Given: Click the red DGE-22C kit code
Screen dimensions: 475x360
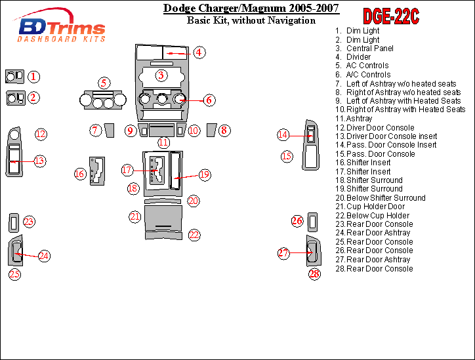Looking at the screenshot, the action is coord(391,16).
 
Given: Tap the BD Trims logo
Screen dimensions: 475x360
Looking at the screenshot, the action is coord(60,26).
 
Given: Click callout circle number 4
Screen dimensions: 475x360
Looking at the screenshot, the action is coord(199,52).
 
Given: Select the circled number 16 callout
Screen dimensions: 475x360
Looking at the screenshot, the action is coord(80,174).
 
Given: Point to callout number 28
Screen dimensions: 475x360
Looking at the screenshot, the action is coord(314,274).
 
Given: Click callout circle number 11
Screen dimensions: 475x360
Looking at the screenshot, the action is coord(163,142).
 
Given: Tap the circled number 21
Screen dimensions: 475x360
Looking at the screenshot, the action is coord(134,216).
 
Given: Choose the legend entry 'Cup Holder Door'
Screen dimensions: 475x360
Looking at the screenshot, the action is coord(375,207).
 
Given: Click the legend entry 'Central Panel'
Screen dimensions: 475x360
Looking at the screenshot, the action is coord(370,49).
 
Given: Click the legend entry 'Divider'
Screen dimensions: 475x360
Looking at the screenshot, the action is coord(358,57).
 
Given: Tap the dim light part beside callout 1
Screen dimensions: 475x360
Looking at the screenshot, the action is coord(14,77).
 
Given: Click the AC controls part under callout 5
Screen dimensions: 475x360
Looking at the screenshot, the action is coord(103,99).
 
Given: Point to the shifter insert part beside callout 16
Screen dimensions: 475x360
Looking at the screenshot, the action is coord(97,171).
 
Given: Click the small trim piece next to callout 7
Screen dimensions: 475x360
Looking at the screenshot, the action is coord(110,130).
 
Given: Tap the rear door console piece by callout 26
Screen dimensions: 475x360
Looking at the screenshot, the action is coord(313,222).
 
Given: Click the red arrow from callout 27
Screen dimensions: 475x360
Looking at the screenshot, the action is coord(300,252).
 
